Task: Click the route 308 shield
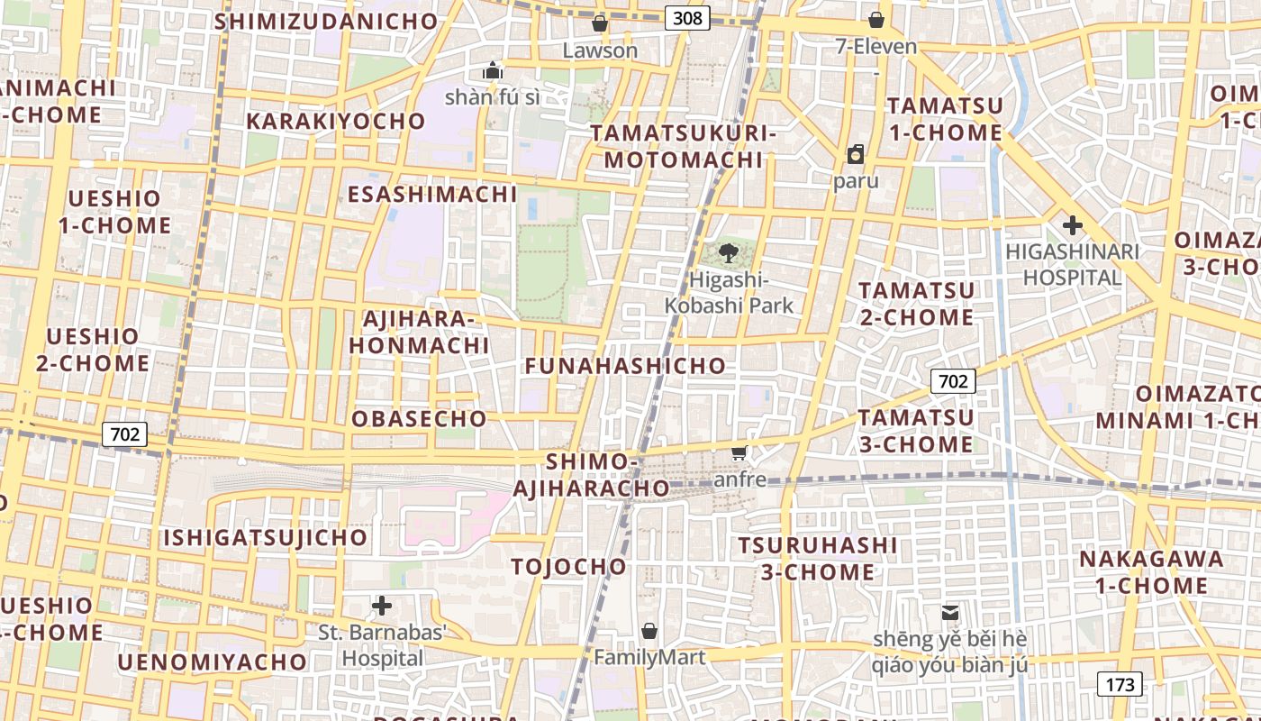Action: (x=688, y=17)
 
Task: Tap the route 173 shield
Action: (x=1120, y=684)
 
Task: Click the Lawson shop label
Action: (x=600, y=50)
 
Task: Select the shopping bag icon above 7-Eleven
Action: (x=875, y=20)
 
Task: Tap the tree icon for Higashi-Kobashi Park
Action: (x=729, y=253)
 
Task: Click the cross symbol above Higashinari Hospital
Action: (x=1072, y=224)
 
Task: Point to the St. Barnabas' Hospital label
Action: (x=383, y=645)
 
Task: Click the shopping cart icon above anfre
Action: (x=739, y=452)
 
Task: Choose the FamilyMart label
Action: (x=649, y=657)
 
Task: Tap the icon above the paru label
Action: (x=855, y=154)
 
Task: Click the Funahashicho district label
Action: (x=625, y=365)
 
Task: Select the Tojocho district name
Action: (x=568, y=567)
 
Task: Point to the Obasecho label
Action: (x=419, y=419)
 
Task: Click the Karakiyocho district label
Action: (x=335, y=121)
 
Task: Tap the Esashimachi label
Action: (x=432, y=194)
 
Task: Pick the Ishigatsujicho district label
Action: (x=265, y=538)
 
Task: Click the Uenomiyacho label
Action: (x=213, y=662)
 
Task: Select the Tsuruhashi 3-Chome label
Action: (x=818, y=559)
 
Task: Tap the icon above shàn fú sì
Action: (x=492, y=70)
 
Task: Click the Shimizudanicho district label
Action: (x=326, y=21)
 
